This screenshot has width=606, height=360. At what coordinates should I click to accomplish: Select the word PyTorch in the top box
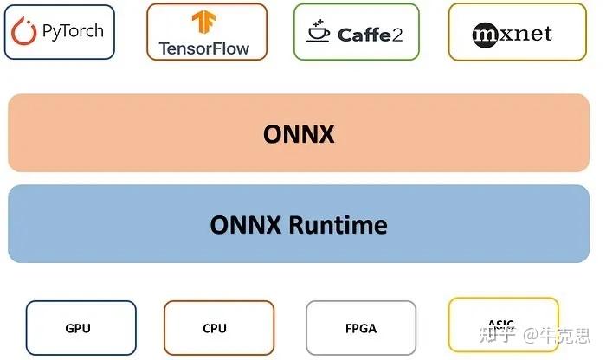[x=72, y=32]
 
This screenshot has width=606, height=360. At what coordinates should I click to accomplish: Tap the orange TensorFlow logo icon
[x=205, y=22]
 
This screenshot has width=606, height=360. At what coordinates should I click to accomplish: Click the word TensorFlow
[x=204, y=48]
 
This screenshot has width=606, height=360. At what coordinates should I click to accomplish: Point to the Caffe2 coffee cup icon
[x=319, y=33]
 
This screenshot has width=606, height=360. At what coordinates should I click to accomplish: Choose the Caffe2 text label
[x=369, y=35]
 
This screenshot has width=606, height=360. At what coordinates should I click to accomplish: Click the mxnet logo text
[x=512, y=34]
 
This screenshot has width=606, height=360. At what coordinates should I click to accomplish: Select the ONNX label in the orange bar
[x=299, y=134]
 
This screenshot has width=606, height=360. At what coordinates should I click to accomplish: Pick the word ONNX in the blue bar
[x=246, y=225]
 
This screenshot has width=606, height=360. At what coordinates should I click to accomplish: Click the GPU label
[x=78, y=329]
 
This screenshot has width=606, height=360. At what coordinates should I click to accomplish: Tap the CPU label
[x=215, y=329]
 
